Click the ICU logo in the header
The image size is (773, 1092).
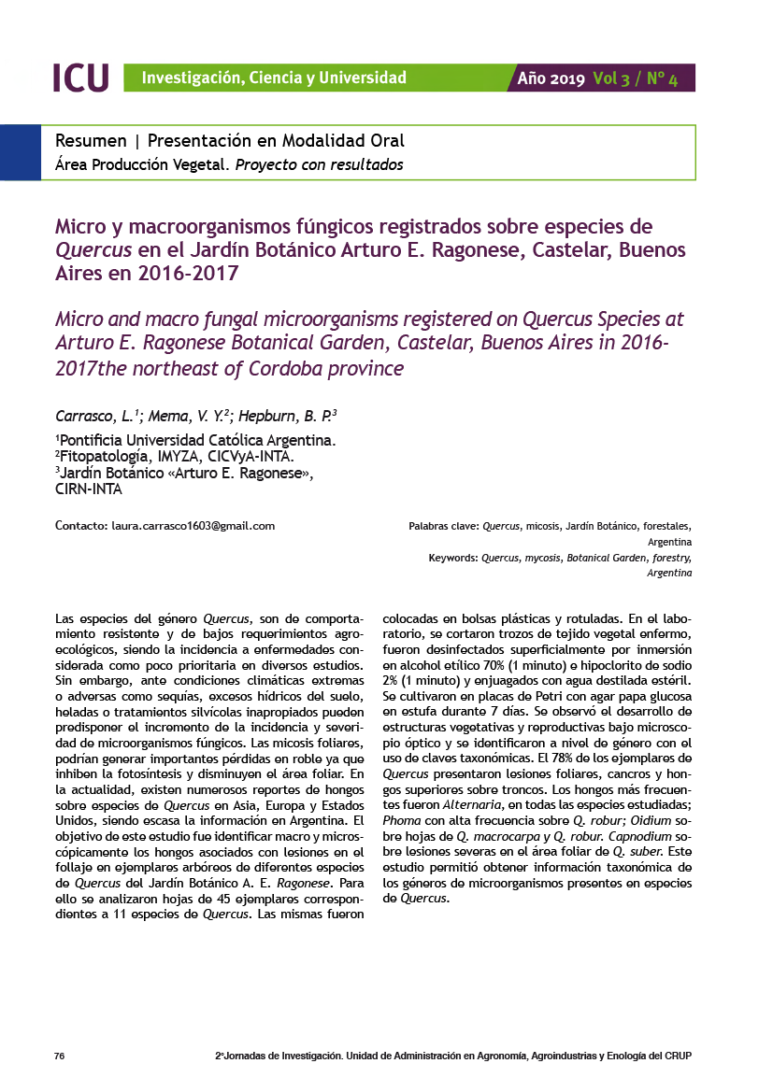point(81,78)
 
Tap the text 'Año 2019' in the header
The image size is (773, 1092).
point(551,78)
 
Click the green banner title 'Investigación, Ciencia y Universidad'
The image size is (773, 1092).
point(274,78)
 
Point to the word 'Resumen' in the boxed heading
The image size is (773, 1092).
point(91,141)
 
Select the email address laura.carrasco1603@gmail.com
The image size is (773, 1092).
point(193,526)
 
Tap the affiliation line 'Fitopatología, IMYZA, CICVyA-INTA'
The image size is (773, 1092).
point(176,457)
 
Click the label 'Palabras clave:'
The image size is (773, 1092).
point(443,526)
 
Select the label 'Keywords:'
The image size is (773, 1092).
point(453,558)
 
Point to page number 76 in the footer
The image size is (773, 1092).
point(59,1056)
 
